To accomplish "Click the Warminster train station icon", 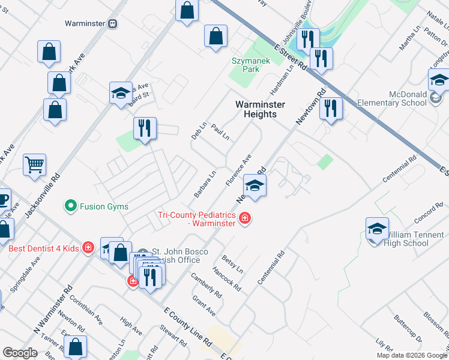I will tap(112, 24).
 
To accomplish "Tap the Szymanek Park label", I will tap(252, 65).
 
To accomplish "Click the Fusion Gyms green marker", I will tap(71, 206).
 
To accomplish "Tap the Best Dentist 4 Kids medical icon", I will tap(89, 248).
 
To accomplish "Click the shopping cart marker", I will tap(34, 164).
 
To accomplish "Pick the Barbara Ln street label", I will tap(204, 185).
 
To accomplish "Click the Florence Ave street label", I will tap(238, 170).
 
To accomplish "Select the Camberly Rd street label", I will tap(206, 286).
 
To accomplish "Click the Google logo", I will tap(20, 353).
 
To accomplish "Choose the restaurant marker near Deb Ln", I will tap(145, 129).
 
